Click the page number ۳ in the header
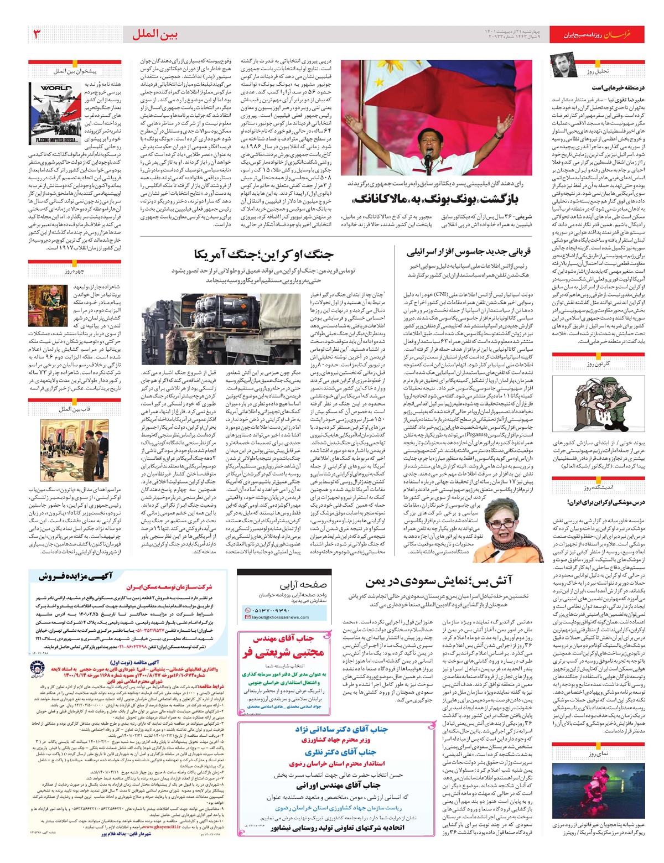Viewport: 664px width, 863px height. click(x=37, y=34)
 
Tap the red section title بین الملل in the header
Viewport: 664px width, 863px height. click(x=155, y=35)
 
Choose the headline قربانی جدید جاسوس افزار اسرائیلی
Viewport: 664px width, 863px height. click(x=469, y=252)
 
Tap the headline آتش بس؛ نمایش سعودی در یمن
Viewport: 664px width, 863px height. click(x=438, y=581)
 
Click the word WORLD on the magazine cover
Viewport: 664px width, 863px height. click(x=56, y=89)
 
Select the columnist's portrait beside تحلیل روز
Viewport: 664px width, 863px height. click(x=564, y=66)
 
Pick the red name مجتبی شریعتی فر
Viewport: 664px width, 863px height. click(x=283, y=653)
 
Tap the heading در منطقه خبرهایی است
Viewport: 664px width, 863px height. click(x=618, y=87)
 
